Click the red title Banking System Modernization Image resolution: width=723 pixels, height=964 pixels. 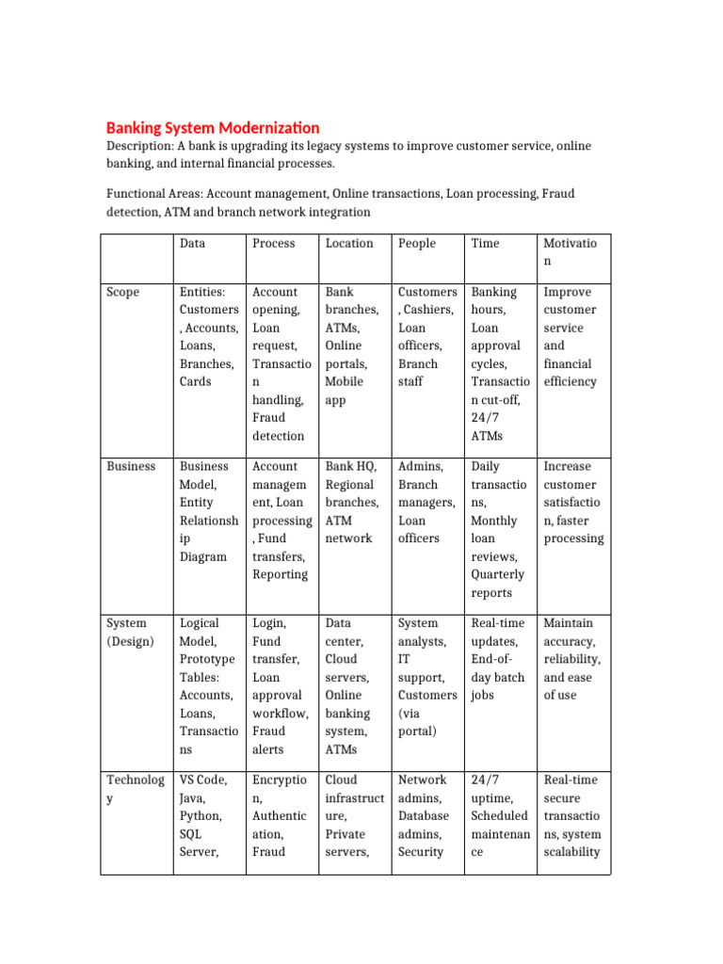[x=212, y=127]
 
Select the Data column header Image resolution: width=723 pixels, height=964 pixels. [x=192, y=243]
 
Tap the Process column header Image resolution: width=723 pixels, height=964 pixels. [x=273, y=243]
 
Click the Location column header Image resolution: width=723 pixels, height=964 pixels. [x=349, y=243]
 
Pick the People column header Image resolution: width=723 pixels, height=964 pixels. [x=417, y=243]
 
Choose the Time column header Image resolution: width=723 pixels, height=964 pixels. [x=485, y=243]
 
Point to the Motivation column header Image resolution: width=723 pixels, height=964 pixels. [x=570, y=252]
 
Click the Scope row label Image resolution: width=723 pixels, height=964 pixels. [x=122, y=292]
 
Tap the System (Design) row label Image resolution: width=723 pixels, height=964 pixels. [x=126, y=632]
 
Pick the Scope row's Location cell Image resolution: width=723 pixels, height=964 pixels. [x=352, y=345]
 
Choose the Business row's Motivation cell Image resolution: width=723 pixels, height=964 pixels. [x=573, y=502]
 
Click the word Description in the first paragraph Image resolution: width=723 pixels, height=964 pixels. [x=139, y=146]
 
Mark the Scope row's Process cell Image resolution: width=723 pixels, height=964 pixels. [x=279, y=363]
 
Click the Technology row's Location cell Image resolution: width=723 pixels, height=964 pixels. [x=354, y=815]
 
